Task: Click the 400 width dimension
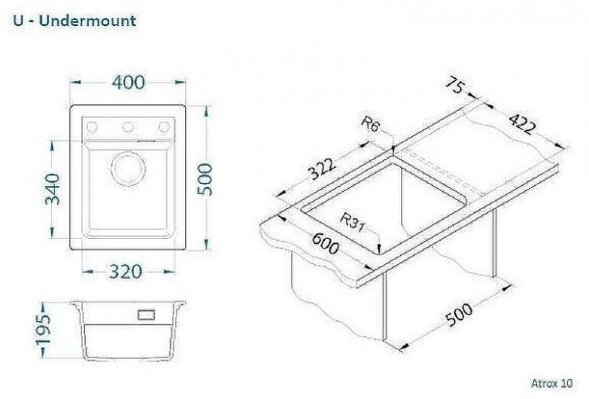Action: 128,82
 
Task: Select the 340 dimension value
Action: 52,189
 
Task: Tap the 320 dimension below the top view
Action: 126,272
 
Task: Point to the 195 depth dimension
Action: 42,330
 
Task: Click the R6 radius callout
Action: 369,123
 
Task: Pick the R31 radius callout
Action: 352,222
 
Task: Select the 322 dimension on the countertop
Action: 321,170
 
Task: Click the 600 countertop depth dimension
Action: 326,243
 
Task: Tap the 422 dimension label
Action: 521,123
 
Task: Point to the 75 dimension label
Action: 455,85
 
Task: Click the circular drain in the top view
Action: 128,169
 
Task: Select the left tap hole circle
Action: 92,127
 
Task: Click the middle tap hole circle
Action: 128,127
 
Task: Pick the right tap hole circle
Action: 164,127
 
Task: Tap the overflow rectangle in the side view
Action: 146,314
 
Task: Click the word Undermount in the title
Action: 87,20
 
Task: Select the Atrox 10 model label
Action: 552,383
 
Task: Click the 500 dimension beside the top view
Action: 205,179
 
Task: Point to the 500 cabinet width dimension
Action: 459,314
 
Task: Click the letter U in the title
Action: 18,20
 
